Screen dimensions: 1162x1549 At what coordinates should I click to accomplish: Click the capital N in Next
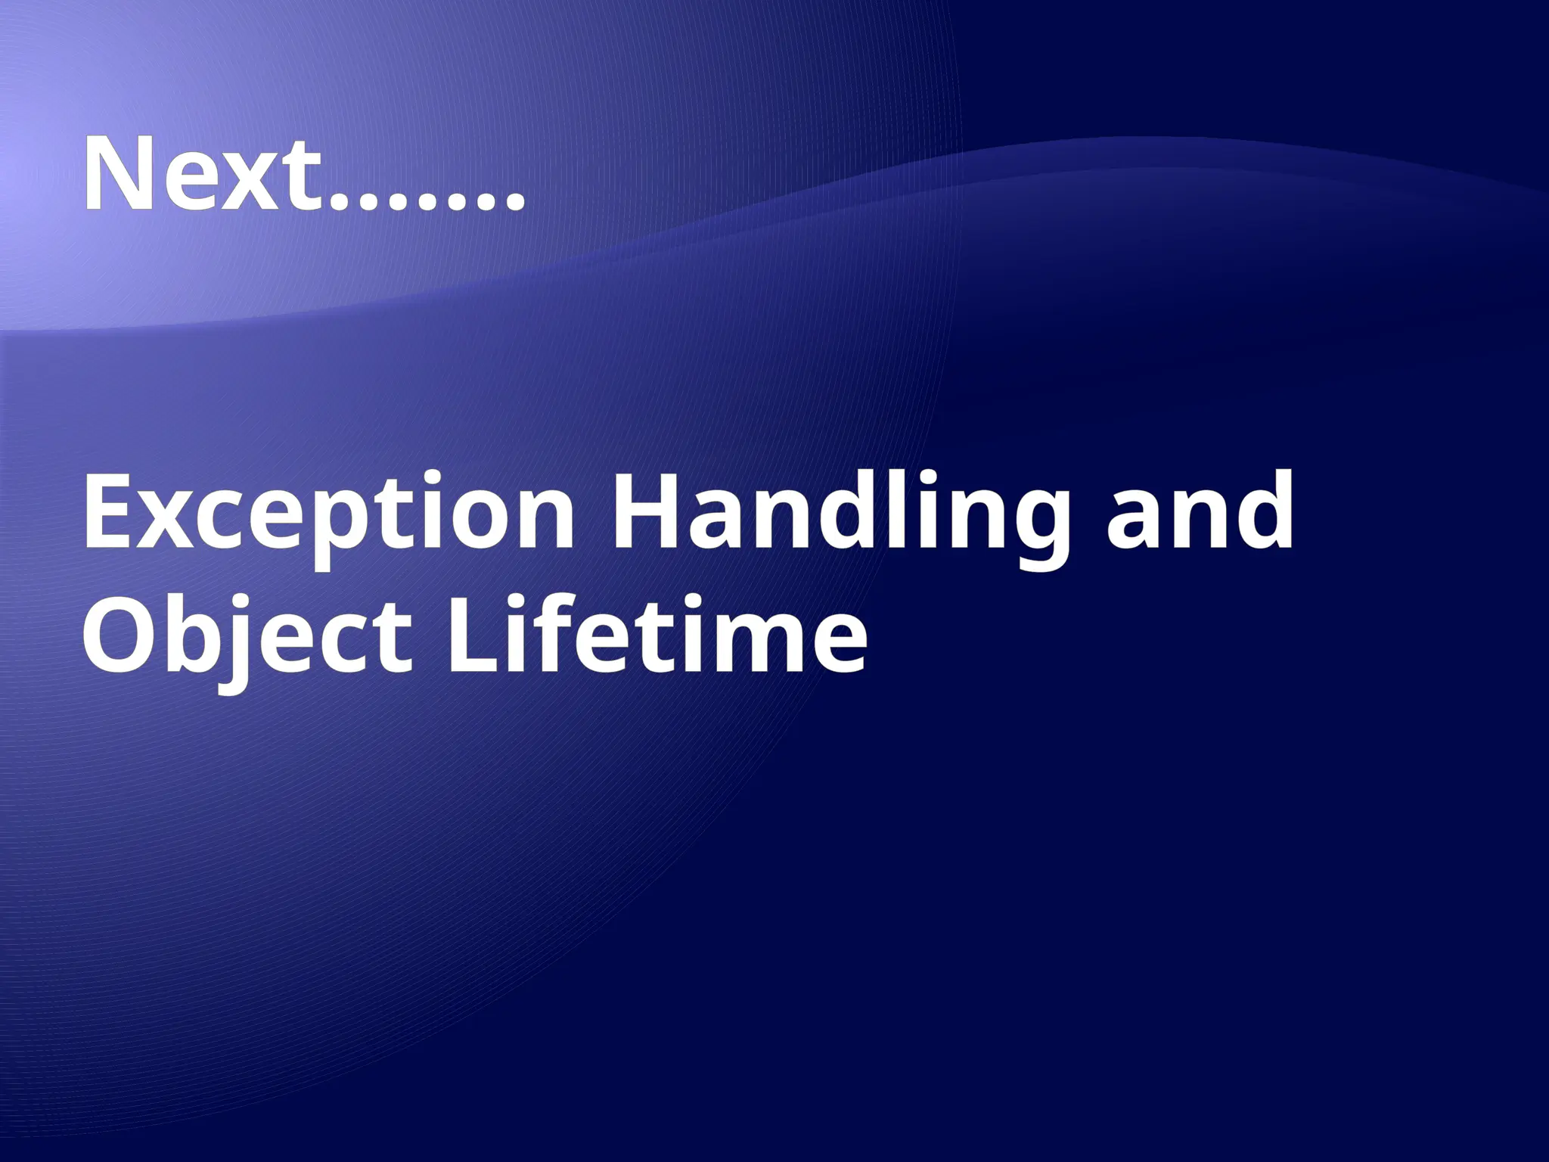[x=120, y=175]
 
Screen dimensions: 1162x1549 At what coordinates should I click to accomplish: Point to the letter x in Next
[x=250, y=182]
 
